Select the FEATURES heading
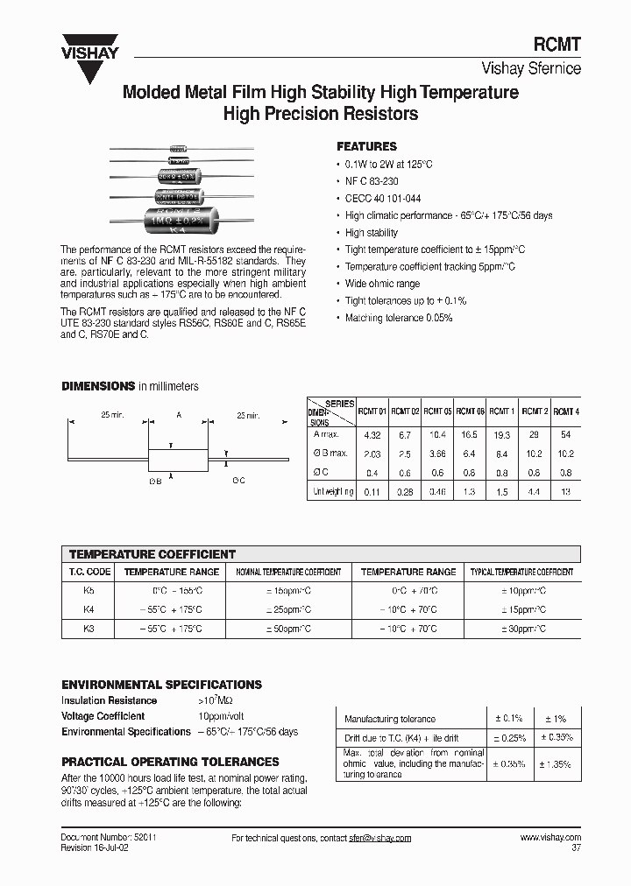pyautogui.click(x=366, y=146)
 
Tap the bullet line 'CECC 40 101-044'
pyautogui.click(x=383, y=198)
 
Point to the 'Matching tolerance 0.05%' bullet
pyautogui.click(x=399, y=318)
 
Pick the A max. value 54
pyautogui.click(x=566, y=434)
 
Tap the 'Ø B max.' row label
pyautogui.click(x=330, y=454)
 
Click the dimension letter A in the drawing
pyautogui.click(x=180, y=417)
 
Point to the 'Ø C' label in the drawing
pyautogui.click(x=239, y=480)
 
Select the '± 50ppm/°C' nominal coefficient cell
pyautogui.click(x=288, y=629)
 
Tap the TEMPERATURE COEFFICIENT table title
pyautogui.click(x=152, y=554)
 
